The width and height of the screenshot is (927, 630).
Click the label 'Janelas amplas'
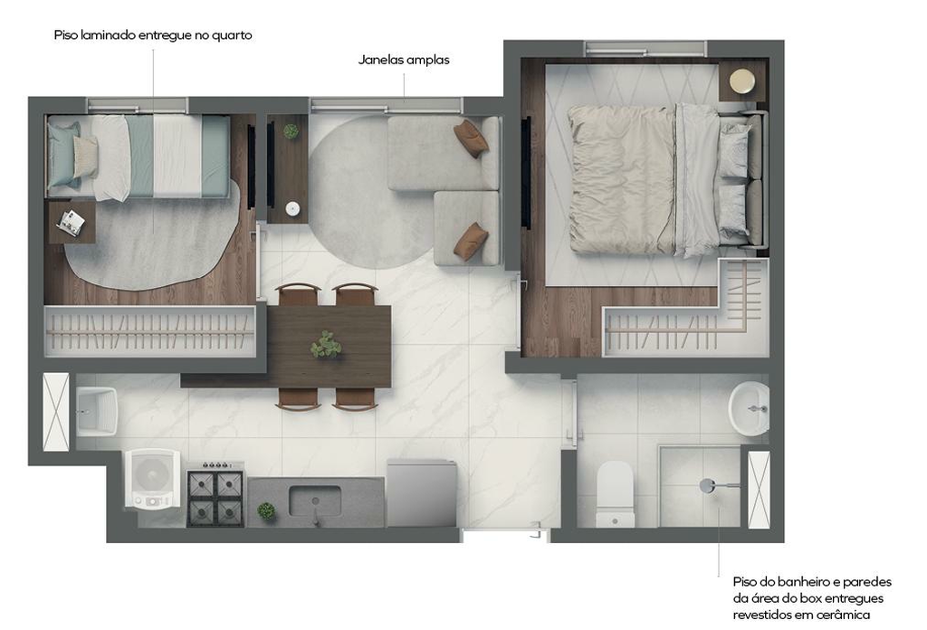pyautogui.click(x=404, y=60)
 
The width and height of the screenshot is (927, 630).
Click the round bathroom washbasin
pyautogui.click(x=749, y=408)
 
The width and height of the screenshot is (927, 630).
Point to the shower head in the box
pyautogui.click(x=708, y=486)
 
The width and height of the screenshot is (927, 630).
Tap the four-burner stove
pyautogui.click(x=215, y=495)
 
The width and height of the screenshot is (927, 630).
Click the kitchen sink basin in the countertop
pyautogui.click(x=314, y=501)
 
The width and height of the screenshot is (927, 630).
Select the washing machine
pyautogui.click(x=152, y=479)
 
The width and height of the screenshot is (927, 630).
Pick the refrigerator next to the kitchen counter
pyautogui.click(x=422, y=493)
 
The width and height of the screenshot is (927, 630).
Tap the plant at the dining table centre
pyautogui.click(x=326, y=345)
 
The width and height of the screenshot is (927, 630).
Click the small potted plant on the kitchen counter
pyautogui.click(x=266, y=511)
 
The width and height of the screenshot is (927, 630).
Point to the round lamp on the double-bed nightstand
pyautogui.click(x=742, y=81)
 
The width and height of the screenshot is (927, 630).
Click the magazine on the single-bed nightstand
pyautogui.click(x=71, y=223)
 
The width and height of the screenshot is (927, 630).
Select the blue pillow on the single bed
pyautogui.click(x=63, y=155)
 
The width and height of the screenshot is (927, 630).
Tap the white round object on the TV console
pyautogui.click(x=292, y=208)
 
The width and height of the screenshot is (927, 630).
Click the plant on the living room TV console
pyautogui.click(x=291, y=130)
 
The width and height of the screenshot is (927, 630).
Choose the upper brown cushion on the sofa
pyautogui.click(x=471, y=138)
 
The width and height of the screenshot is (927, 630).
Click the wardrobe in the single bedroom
pyautogui.click(x=150, y=331)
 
